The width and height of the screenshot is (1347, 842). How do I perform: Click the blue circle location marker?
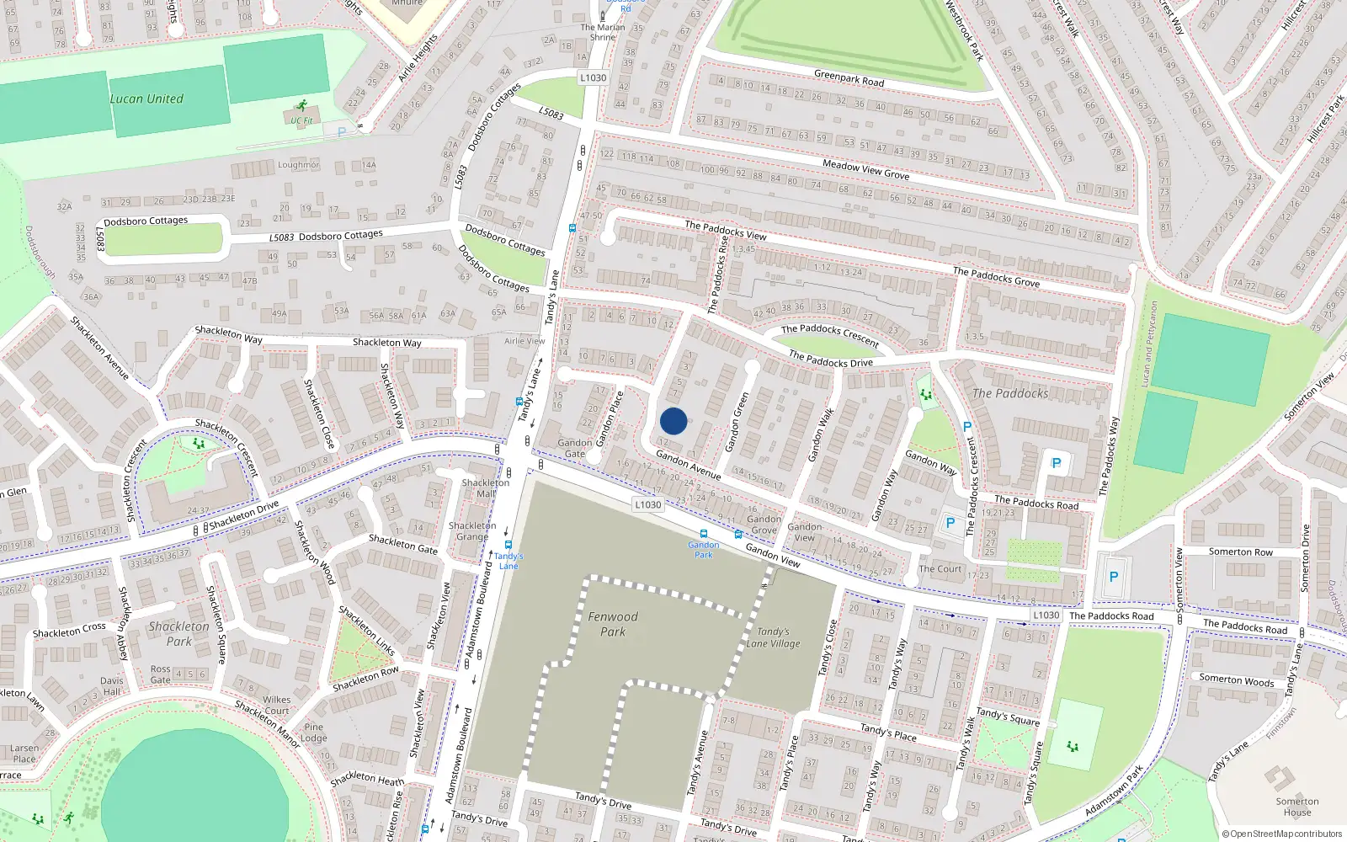(673, 421)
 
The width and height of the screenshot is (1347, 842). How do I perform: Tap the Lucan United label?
(146, 99)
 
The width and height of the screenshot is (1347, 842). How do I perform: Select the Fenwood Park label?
(613, 624)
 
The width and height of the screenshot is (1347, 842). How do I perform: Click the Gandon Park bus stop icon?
(704, 534)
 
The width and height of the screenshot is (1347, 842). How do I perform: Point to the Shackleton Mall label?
(486, 488)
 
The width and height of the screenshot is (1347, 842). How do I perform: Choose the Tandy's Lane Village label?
(773, 637)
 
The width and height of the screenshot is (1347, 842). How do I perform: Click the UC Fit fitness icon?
(302, 107)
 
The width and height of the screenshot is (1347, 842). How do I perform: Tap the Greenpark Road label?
(849, 78)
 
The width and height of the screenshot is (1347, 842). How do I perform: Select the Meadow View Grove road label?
(865, 169)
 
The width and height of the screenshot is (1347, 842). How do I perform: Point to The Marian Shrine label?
(603, 32)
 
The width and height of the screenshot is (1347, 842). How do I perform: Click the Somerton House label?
(1297, 807)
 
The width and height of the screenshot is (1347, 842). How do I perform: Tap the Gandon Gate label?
(574, 448)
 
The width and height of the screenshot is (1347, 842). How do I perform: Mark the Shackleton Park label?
(178, 633)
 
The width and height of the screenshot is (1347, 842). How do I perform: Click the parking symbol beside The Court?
(950, 523)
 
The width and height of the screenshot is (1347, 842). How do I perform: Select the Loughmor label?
(299, 165)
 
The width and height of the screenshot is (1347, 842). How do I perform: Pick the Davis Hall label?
(112, 686)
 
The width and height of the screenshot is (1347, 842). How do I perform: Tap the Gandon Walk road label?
(820, 435)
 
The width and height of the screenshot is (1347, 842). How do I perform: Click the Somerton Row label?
(1241, 552)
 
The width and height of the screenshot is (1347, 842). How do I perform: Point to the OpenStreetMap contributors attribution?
(1282, 834)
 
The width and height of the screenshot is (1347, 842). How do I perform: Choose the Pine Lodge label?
(314, 733)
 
